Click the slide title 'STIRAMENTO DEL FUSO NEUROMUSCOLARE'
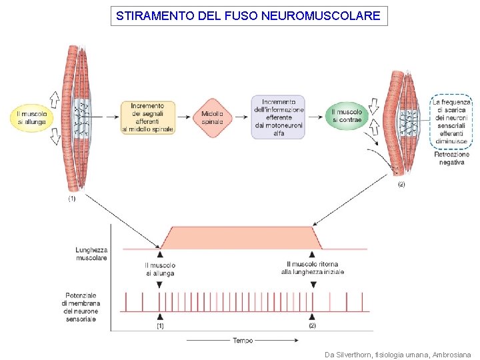coord(248,15)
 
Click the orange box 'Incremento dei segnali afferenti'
coord(147,117)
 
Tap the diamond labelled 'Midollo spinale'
coord(213,117)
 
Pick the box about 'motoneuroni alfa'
coord(278,117)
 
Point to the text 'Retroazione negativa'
coord(451,158)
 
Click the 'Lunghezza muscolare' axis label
coord(91,253)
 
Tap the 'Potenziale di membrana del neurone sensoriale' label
coord(81,307)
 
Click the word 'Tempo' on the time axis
coord(243,341)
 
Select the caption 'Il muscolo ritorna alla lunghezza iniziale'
coord(312,268)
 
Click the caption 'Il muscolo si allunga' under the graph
coord(160,269)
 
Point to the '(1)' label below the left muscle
coord(72,199)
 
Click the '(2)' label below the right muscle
coord(401,184)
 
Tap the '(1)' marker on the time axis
coord(160,326)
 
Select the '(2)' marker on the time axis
coord(312,326)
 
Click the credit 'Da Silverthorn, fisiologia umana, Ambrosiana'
coord(397,354)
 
